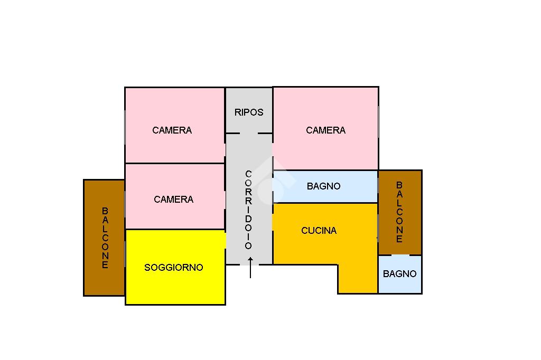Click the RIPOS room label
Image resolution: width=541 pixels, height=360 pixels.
pyautogui.click(x=249, y=112)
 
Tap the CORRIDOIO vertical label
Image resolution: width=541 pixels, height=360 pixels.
pyautogui.click(x=248, y=210)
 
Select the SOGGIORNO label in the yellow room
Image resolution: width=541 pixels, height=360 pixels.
pyautogui.click(x=174, y=268)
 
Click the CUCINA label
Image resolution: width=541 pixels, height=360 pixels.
pyautogui.click(x=319, y=231)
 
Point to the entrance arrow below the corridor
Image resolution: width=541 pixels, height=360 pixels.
pyautogui.click(x=250, y=268)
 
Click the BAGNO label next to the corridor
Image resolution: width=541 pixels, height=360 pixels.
pyautogui.click(x=323, y=186)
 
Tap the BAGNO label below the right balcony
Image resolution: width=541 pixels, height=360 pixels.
pyautogui.click(x=399, y=274)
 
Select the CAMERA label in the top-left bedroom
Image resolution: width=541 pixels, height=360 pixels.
pyautogui.click(x=172, y=130)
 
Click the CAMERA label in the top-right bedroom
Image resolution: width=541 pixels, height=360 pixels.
pyautogui.click(x=325, y=130)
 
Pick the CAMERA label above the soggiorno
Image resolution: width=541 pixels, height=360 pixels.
pyautogui.click(x=173, y=200)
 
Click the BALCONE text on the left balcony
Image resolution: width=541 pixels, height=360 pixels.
pyautogui.click(x=105, y=238)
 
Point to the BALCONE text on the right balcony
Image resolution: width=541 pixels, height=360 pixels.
pyautogui.click(x=399, y=212)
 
